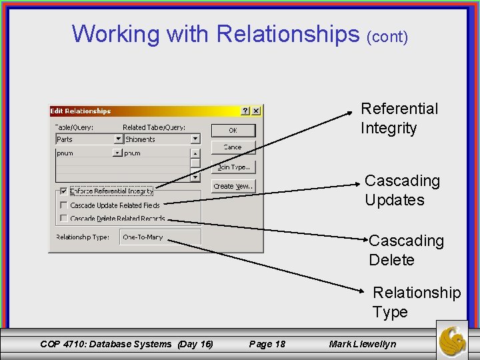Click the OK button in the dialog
[x=233, y=130]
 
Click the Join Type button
[x=233, y=167]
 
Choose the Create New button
[x=233, y=186]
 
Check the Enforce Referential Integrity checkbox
[x=63, y=191]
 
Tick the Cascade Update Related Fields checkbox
[x=63, y=205]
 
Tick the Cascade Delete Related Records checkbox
[x=63, y=218]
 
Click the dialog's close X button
[x=256, y=111]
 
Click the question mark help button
[x=245, y=111]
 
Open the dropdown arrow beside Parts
[x=119, y=139]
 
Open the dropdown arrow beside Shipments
[x=195, y=139]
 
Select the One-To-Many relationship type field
[x=160, y=237]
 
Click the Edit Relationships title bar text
[x=81, y=111]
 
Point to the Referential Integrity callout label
[x=399, y=118]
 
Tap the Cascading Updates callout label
[x=402, y=190]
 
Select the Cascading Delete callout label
[x=406, y=249]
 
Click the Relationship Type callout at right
[x=416, y=302]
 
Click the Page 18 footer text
[x=267, y=344]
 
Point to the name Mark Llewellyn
[x=362, y=344]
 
